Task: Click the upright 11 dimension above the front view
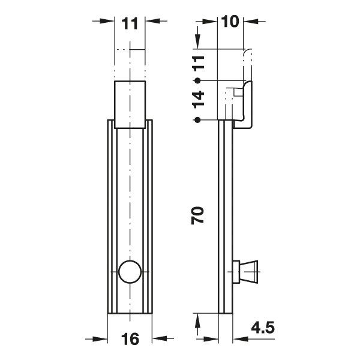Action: coord(130,24)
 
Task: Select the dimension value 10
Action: coord(230,22)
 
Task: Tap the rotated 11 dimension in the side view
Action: coord(199,61)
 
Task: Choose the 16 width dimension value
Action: coord(130,339)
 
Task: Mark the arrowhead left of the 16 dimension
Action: coord(102,338)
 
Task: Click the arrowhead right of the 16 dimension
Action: coord(158,338)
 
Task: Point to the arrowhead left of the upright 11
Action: coord(109,21)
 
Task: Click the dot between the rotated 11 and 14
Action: coord(196,80)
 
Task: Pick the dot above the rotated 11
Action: coord(196,43)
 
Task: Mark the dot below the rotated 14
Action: coord(196,120)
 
